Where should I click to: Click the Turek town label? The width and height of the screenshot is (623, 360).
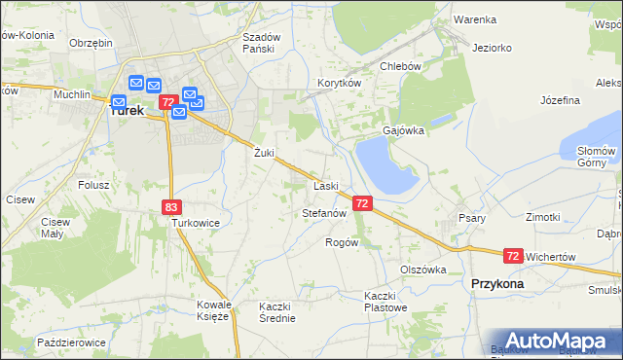point(128,111)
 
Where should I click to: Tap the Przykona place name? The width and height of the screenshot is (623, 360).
point(496,283)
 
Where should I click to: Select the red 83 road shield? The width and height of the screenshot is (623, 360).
point(171,206)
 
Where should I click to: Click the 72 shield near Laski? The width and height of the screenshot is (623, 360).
point(362,203)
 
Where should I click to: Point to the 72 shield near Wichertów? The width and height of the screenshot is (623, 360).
point(513,256)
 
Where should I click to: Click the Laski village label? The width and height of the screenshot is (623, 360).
point(325,185)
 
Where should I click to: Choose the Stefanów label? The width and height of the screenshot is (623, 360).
point(325,212)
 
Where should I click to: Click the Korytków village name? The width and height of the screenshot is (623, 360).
point(339,84)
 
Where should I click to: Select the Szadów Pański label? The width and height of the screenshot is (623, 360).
point(261,43)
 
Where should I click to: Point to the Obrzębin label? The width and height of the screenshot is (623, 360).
point(92,43)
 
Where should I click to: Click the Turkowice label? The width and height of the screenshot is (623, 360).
point(196,223)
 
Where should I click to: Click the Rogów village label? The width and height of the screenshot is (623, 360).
point(342,242)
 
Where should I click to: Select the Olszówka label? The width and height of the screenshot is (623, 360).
point(422,270)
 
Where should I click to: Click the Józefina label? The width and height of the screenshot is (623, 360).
point(560,100)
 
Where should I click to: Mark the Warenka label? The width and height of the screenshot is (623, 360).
point(475,19)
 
